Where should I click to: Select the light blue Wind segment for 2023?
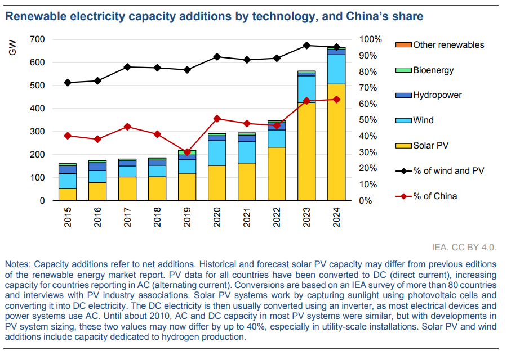[306, 89]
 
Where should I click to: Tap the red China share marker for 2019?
[187, 152]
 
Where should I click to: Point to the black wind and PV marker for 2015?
[68, 83]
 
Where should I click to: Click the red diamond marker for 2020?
[217, 119]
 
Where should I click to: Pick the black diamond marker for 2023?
[306, 46]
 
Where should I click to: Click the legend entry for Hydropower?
[437, 95]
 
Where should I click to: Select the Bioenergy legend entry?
[433, 70]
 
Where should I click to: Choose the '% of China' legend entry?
[434, 196]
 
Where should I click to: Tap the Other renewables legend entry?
[448, 45]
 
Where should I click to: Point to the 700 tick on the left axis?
[37, 39]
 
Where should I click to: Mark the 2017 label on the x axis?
[127, 218]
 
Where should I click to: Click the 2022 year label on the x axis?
[277, 218]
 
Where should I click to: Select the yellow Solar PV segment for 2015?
[68, 195]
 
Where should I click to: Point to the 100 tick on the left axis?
[37, 178]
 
